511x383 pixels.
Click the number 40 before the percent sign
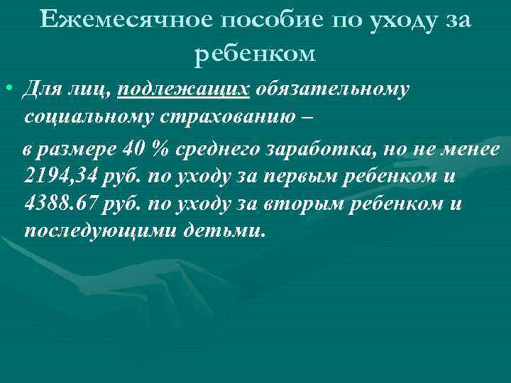(133, 150)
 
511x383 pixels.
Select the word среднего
(218, 150)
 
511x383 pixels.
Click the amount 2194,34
(60, 177)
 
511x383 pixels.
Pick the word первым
(297, 177)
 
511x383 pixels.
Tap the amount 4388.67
(61, 204)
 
